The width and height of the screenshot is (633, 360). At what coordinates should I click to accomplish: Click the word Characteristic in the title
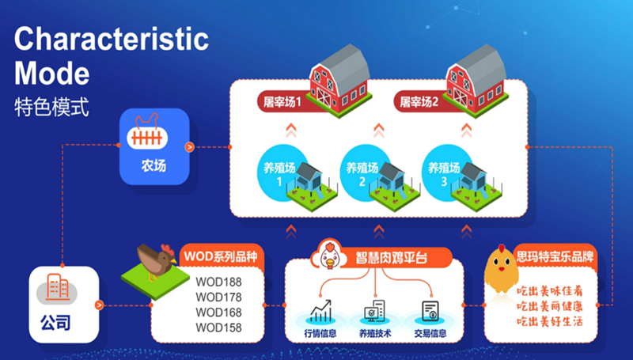click(112, 39)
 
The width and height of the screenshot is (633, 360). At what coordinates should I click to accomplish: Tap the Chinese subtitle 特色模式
click(51, 107)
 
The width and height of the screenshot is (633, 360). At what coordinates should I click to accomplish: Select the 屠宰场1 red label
click(282, 102)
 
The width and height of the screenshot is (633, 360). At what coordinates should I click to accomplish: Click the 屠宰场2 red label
click(419, 102)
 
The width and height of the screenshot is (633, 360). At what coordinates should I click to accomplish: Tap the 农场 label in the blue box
click(154, 165)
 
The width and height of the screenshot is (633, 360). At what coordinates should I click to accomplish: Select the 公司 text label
click(55, 323)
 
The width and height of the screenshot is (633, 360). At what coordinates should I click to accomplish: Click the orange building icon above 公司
click(57, 287)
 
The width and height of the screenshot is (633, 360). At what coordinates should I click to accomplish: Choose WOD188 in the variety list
click(218, 282)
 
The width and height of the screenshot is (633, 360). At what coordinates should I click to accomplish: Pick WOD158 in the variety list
click(218, 328)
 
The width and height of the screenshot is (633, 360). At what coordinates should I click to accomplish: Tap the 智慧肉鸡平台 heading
click(391, 257)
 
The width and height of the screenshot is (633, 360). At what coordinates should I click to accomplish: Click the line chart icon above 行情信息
click(321, 311)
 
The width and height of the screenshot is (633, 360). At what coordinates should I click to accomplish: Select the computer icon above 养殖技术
click(375, 311)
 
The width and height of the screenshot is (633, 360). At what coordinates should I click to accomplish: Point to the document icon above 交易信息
click(430, 311)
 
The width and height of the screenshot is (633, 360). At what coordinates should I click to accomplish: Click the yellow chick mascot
click(501, 268)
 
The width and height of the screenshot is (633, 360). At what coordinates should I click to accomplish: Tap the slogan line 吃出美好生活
click(550, 322)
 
